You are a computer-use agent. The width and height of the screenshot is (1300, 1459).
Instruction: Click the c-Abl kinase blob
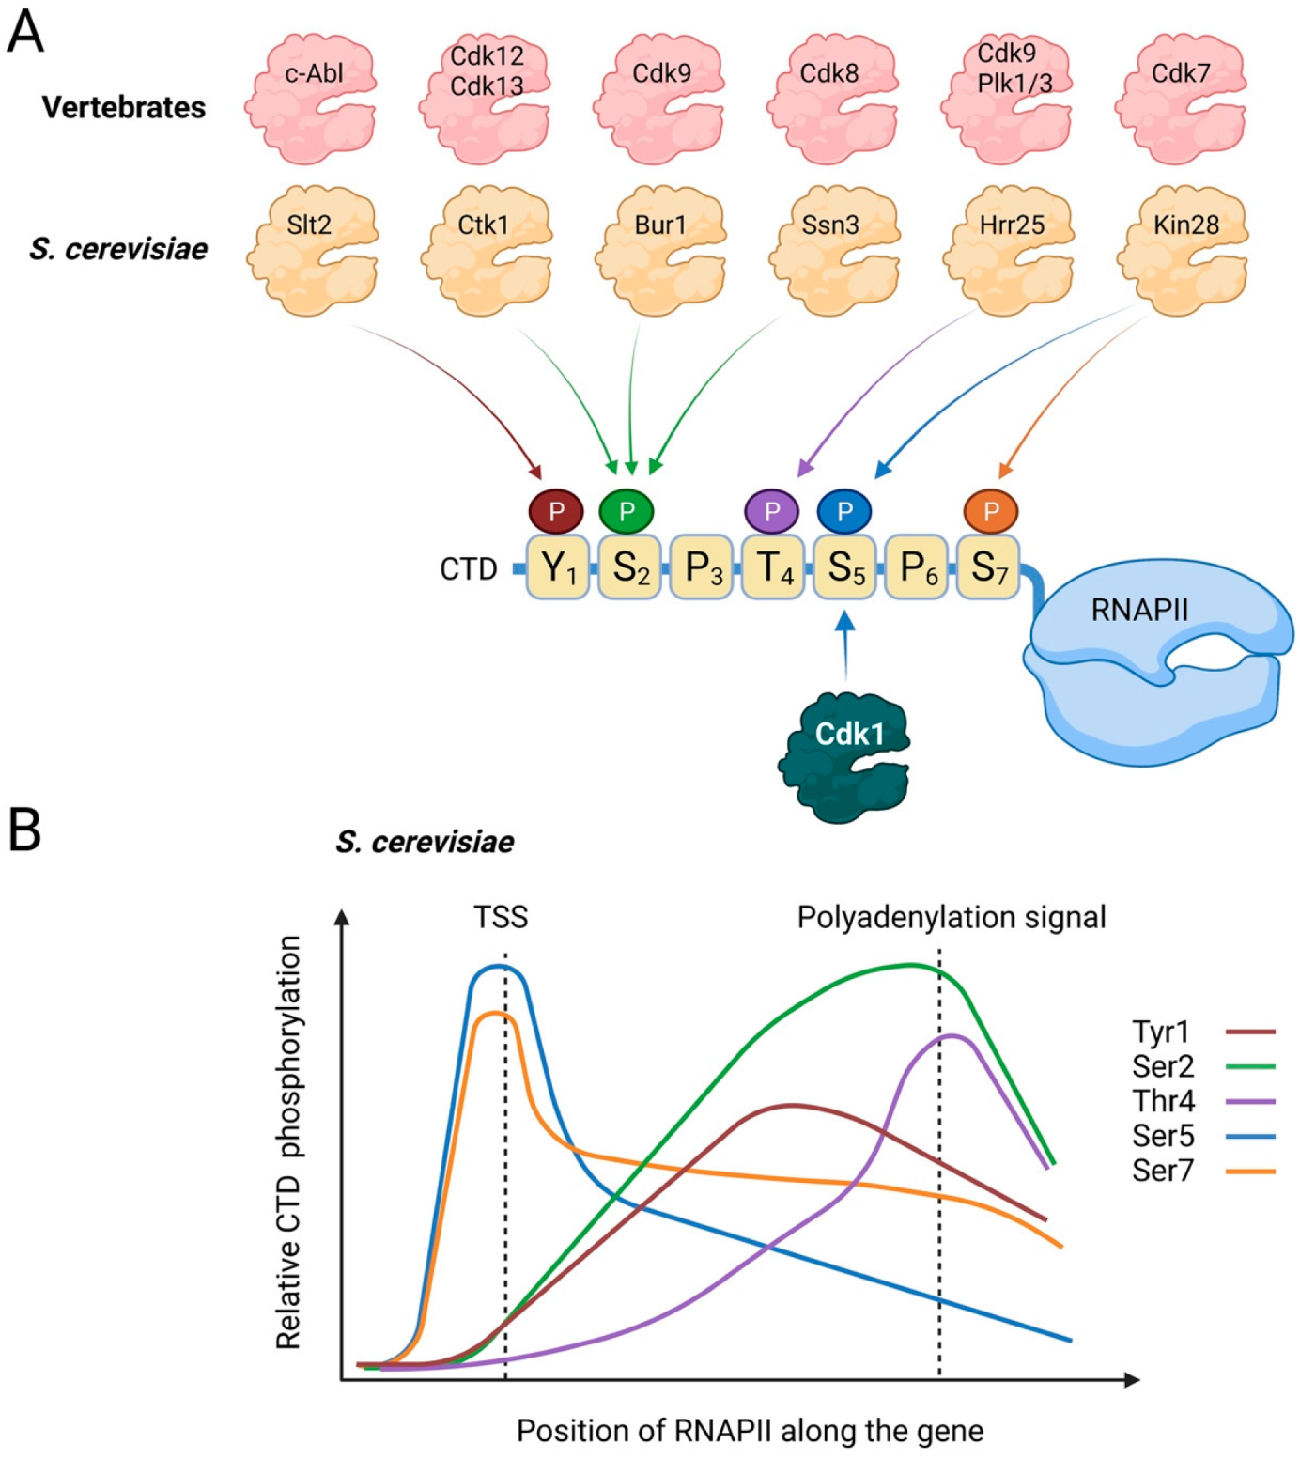[311, 99]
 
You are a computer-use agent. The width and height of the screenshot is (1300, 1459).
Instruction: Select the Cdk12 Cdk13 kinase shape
[486, 99]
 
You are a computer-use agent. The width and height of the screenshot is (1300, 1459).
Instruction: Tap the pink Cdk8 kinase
[833, 99]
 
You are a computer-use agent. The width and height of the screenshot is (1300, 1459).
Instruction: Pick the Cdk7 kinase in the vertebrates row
[1182, 99]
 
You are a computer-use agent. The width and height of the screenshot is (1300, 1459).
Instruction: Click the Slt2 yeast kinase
[312, 250]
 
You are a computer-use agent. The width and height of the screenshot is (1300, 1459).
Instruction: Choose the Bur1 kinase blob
[660, 250]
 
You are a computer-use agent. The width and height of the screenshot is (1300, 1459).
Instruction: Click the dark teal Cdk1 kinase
[843, 757]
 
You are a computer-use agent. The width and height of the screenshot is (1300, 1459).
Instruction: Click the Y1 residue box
[558, 567]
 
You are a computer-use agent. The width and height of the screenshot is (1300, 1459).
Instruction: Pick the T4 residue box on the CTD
[773, 567]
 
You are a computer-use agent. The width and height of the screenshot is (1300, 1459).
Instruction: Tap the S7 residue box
[988, 567]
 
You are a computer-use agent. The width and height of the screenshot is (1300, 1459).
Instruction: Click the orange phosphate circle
[991, 511]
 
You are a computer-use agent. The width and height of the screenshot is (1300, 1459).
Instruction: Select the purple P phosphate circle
[771, 511]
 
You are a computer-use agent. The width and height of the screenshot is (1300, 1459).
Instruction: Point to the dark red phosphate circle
[556, 511]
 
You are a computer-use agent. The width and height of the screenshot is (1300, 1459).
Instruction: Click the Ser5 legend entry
[1203, 1136]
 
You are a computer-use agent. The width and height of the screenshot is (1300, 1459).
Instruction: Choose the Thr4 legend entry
[1203, 1101]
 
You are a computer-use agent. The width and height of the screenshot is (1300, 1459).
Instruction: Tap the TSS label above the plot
[501, 917]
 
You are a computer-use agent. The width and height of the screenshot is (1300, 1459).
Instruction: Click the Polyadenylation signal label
[952, 918]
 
